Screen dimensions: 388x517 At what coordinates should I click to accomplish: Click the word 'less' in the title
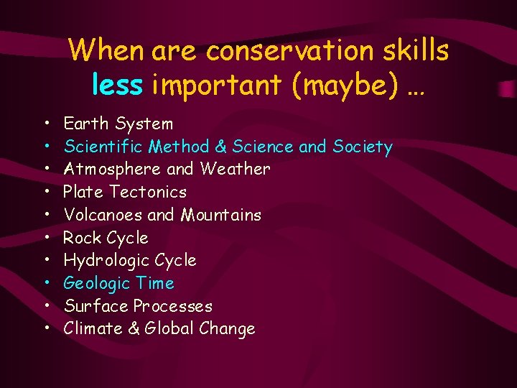[x=117, y=85]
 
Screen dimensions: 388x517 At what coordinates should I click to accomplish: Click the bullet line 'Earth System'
[x=118, y=124]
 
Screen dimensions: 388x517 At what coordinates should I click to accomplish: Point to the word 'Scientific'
[x=103, y=147]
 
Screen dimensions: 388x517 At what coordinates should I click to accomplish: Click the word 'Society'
[x=363, y=147]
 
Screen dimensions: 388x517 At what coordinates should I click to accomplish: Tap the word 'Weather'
[x=235, y=170]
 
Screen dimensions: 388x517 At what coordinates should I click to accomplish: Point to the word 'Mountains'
[x=220, y=215]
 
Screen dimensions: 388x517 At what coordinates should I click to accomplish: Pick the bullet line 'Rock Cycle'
[x=106, y=238]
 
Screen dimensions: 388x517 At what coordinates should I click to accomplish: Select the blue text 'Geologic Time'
[x=118, y=283]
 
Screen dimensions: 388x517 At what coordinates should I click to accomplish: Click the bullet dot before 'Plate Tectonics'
[x=46, y=193]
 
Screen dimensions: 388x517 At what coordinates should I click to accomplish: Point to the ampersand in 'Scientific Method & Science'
[x=220, y=147]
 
